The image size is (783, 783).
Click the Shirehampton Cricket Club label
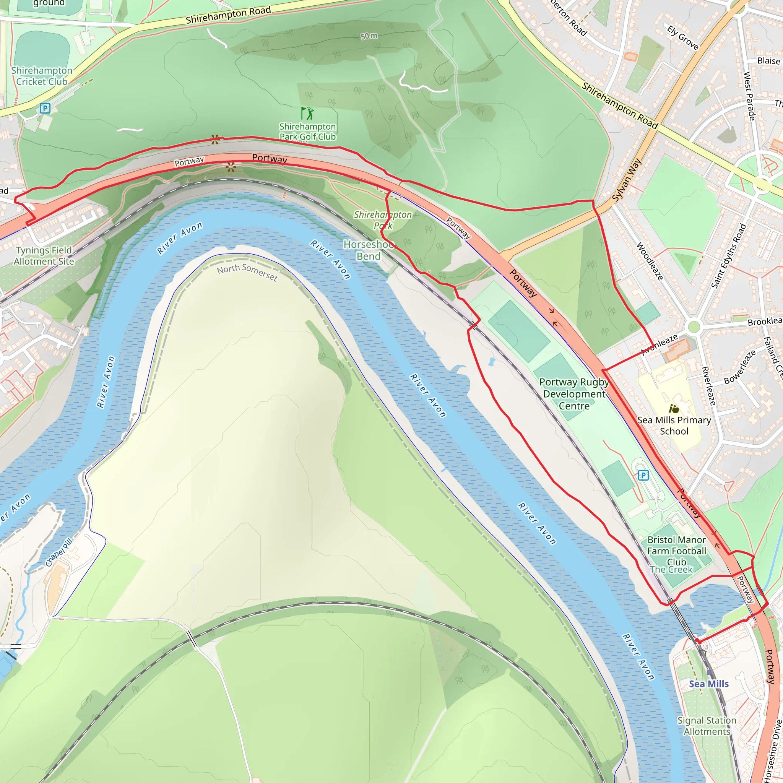coord(42,76)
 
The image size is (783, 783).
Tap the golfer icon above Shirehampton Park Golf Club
coord(308,113)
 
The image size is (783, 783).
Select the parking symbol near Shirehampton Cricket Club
coord(45,108)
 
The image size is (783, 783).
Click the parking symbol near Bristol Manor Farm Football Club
coord(643,475)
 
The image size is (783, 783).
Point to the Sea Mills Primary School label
coord(674,426)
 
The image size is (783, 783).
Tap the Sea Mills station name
coord(709,684)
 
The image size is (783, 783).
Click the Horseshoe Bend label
coord(369,250)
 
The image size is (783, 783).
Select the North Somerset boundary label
coord(247,272)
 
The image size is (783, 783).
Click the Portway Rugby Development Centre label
coord(574,394)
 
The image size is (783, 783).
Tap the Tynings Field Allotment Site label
coord(44,256)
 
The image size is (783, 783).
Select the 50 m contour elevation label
coord(369,36)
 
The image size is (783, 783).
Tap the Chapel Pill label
coord(59,552)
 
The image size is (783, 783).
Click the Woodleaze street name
coord(650,262)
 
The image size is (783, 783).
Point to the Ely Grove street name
coord(683,38)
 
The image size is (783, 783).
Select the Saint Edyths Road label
coord(729,256)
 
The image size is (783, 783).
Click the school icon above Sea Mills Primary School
coord(674,409)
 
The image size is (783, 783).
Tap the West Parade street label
coord(749,96)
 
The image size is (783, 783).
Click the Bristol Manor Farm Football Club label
coord(676,551)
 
